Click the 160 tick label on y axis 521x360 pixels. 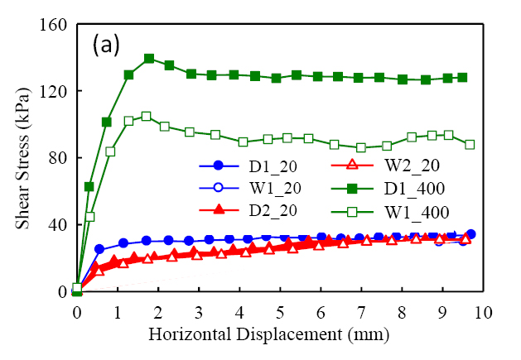click(55, 24)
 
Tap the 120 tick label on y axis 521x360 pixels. click(55, 91)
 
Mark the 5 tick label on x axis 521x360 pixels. click(280, 312)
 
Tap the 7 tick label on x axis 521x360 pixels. click(361, 312)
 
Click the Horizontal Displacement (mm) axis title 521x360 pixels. click(280, 336)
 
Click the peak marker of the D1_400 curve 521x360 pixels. click(149, 59)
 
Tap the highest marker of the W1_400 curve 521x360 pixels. click(146, 116)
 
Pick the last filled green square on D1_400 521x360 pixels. click(462, 77)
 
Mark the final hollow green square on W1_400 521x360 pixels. click(470, 144)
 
